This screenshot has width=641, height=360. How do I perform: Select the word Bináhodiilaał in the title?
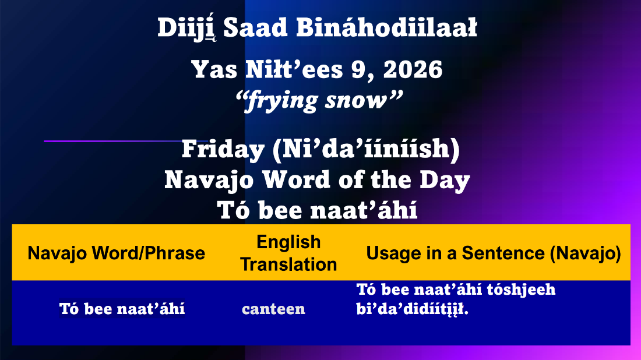tap(386, 28)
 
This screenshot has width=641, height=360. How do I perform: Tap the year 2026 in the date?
tap(413, 69)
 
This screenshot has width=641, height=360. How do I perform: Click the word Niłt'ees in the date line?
tap(294, 69)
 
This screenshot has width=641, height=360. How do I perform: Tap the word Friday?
tap(223, 150)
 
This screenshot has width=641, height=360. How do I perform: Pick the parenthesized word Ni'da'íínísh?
tap(366, 149)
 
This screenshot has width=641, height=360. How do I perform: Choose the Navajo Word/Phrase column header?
tap(117, 253)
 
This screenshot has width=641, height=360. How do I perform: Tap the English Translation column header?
tap(288, 253)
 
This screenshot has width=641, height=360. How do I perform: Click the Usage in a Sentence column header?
tap(494, 253)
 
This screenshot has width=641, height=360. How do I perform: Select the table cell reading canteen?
tap(273, 309)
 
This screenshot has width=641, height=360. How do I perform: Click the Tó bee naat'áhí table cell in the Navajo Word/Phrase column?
tap(122, 309)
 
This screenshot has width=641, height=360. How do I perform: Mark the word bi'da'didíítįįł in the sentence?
tap(413, 309)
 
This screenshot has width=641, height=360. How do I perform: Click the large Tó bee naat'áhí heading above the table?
tap(317, 211)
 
